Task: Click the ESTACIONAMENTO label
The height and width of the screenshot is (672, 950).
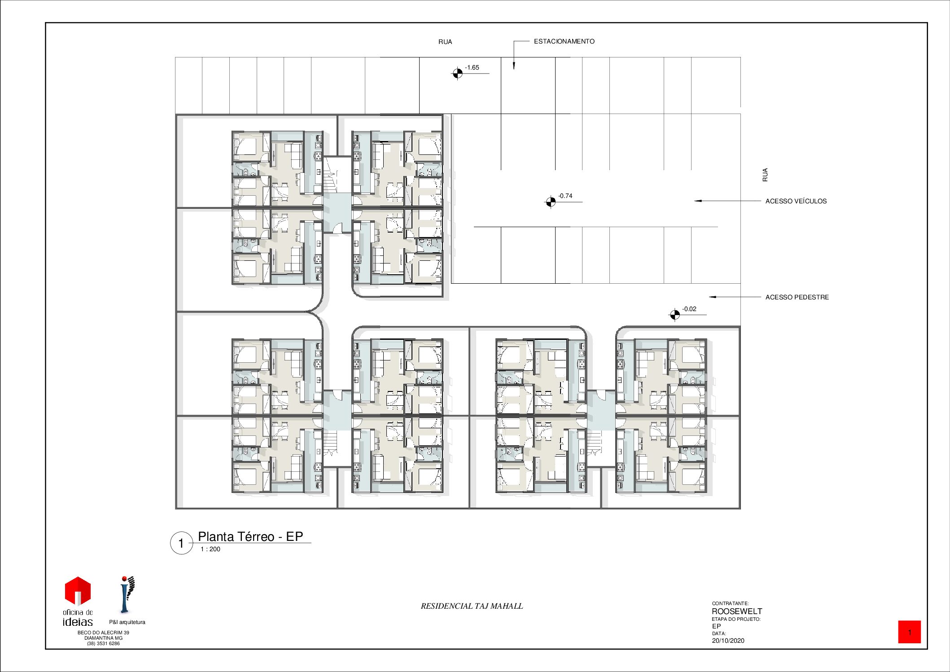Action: [564, 41]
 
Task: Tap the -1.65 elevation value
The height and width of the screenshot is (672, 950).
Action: [472, 68]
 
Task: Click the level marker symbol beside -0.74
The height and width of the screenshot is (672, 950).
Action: [551, 202]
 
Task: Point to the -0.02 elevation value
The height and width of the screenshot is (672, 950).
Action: [689, 309]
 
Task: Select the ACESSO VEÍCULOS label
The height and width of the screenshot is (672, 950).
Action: [796, 201]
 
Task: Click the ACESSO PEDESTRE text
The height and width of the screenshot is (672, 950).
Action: [797, 297]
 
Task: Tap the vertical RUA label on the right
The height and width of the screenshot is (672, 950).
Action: [765, 175]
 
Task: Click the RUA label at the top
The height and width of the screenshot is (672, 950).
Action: [445, 42]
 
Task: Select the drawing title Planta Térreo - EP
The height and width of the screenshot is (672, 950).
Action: [250, 536]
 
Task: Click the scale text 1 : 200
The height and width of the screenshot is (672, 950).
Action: [210, 549]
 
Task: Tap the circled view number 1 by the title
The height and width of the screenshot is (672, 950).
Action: [181, 543]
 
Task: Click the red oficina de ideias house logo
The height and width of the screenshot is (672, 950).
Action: [78, 591]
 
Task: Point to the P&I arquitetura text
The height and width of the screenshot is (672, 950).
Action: [127, 622]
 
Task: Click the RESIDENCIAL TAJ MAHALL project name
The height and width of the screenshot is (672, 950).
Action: [472, 606]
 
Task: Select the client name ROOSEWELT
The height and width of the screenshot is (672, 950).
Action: [737, 611]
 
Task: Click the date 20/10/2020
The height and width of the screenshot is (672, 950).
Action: [728, 641]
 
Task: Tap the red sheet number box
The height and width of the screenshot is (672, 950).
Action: [909, 632]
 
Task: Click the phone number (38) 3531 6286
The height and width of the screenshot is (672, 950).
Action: [103, 643]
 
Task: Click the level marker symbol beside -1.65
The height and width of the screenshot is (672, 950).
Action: [457, 73]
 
